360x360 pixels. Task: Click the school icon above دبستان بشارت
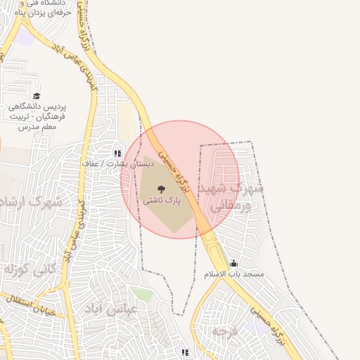coord(117,152)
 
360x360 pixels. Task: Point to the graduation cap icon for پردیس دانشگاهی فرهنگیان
coord(37,96)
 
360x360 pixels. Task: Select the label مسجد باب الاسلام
coord(233,274)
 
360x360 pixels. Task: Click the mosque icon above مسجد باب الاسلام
coord(233,264)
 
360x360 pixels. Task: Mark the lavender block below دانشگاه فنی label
coord(25,37)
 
